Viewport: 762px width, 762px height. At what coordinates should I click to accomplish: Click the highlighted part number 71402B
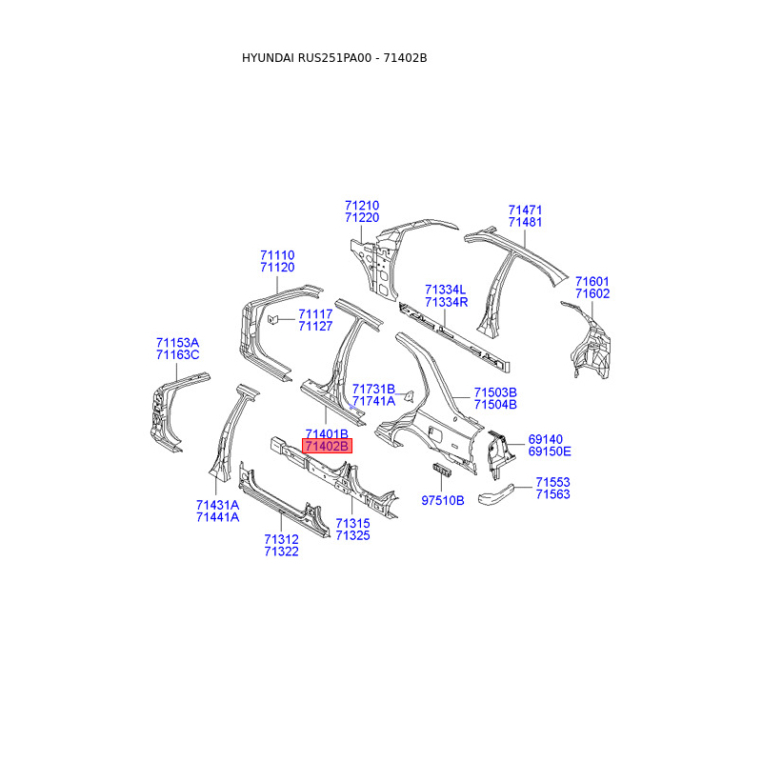pyautogui.click(x=327, y=446)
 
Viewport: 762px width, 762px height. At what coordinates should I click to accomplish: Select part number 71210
pyautogui.click(x=362, y=205)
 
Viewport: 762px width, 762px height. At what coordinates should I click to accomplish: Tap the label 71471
pyautogui.click(x=525, y=210)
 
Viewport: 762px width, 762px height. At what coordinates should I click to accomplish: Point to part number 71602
pyautogui.click(x=592, y=294)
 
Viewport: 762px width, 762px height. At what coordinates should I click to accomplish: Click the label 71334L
pyautogui.click(x=446, y=290)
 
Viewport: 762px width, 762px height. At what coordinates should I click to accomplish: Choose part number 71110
pyautogui.click(x=277, y=255)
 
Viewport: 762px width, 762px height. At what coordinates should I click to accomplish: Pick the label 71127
pyautogui.click(x=315, y=327)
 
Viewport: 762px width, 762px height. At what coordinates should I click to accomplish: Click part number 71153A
pyautogui.click(x=178, y=343)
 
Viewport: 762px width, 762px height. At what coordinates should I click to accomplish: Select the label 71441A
pyautogui.click(x=217, y=517)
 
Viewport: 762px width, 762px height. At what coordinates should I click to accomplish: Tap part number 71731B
pyautogui.click(x=373, y=389)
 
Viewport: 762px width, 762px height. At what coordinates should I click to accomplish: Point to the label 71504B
pyautogui.click(x=495, y=405)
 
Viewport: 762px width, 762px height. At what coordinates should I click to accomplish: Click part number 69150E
pyautogui.click(x=550, y=451)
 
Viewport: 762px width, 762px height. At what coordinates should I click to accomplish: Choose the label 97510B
pyautogui.click(x=443, y=500)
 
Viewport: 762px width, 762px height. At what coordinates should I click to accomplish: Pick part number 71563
pyautogui.click(x=552, y=495)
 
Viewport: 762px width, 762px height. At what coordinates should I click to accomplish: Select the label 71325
pyautogui.click(x=352, y=536)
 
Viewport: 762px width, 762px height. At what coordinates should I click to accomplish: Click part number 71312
pyautogui.click(x=282, y=539)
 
